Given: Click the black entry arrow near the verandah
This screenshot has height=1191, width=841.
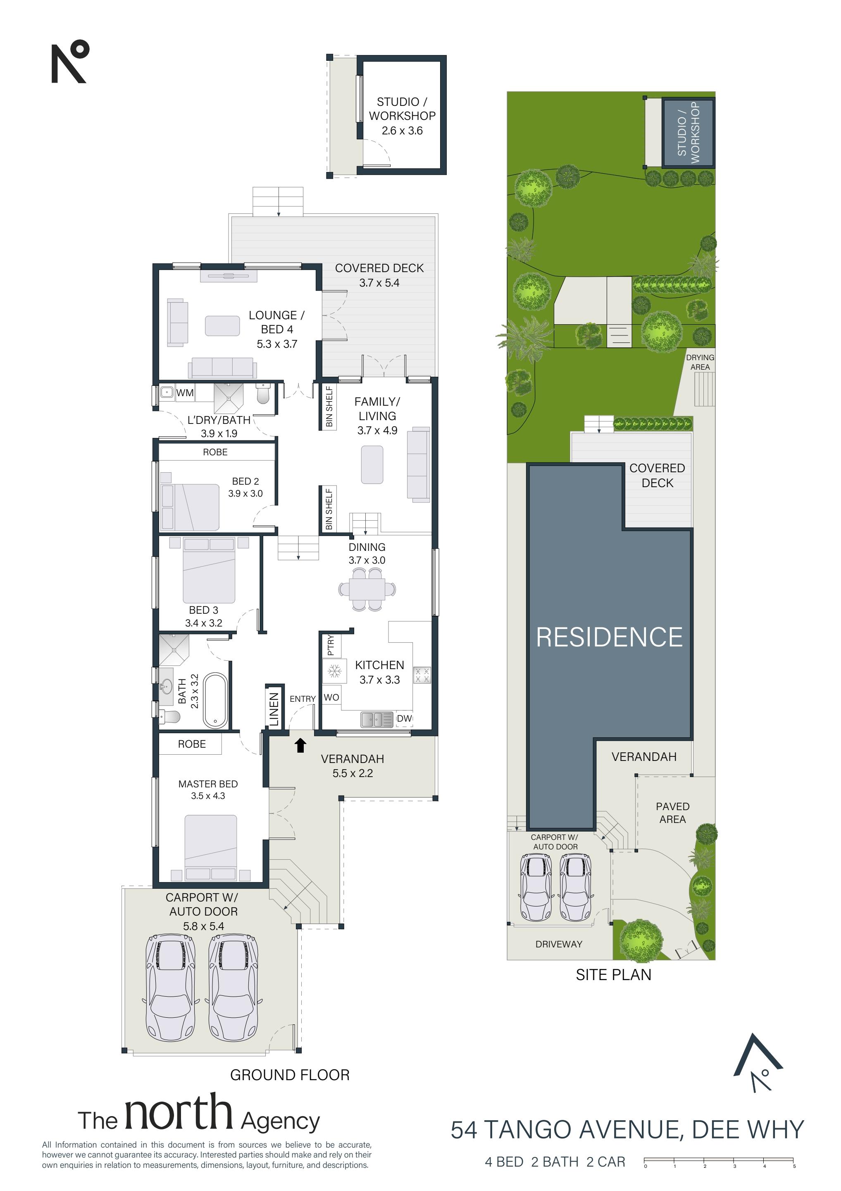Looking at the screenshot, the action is [300, 746].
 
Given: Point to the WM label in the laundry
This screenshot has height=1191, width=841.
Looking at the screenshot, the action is [185, 393].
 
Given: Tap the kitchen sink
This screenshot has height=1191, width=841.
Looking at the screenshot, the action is [377, 720].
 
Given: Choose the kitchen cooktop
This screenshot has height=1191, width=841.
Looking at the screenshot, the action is [422, 675].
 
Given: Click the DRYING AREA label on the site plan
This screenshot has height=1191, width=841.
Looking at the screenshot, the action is [700, 362].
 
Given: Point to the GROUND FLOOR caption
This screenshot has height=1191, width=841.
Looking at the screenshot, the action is [290, 1075].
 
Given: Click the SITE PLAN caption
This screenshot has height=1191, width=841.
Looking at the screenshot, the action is [613, 975].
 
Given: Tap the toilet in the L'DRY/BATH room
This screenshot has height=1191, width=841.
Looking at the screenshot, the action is [263, 394].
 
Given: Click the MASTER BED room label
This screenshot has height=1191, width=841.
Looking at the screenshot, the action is [208, 784].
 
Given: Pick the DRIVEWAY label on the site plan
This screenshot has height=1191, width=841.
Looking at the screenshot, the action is [559, 944].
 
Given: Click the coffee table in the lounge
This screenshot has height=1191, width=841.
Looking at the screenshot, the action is [222, 326].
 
